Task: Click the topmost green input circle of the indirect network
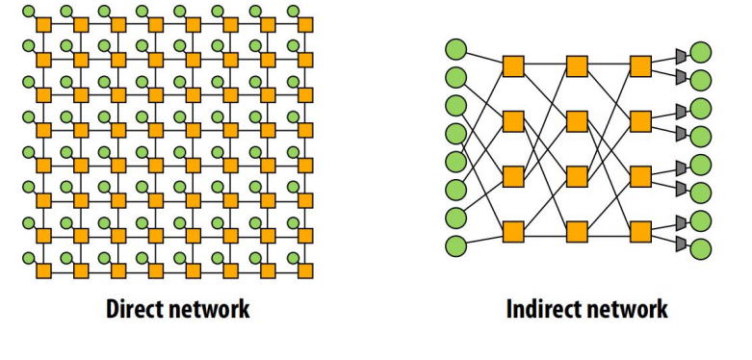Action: click(455, 48)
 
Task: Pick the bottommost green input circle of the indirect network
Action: click(455, 245)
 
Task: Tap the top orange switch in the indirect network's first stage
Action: click(513, 65)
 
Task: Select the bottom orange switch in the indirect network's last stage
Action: click(640, 232)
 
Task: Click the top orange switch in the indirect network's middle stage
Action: click(577, 65)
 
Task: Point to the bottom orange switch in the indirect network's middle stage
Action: click(577, 232)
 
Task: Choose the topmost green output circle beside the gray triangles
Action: click(701, 51)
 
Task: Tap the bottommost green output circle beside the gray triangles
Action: click(701, 248)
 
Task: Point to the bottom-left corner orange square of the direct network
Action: click(43, 269)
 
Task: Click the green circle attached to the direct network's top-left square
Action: click(29, 12)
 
